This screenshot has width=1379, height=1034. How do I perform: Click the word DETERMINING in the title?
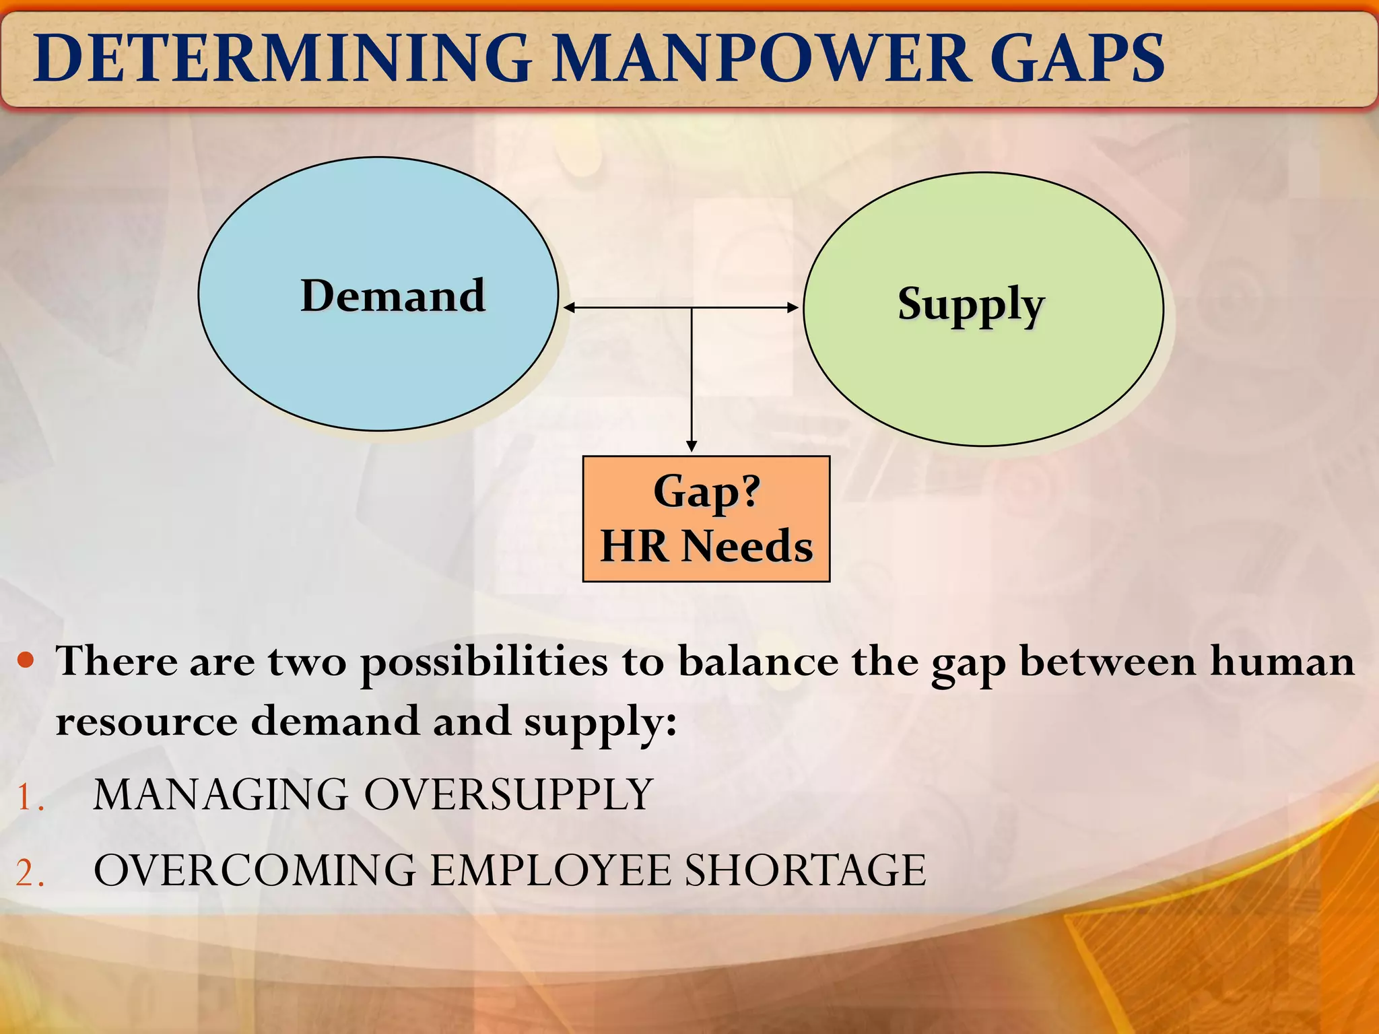(x=283, y=59)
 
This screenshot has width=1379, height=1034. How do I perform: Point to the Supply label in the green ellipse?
(x=970, y=304)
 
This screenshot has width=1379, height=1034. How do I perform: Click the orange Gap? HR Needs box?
(x=706, y=518)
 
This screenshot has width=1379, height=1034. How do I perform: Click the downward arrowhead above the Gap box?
(x=691, y=446)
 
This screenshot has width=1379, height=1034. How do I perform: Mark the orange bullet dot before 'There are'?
(x=26, y=660)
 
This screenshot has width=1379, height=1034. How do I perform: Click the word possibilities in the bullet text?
(x=483, y=662)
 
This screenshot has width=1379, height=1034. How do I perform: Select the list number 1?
(x=29, y=798)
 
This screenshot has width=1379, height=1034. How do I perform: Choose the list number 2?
(x=29, y=874)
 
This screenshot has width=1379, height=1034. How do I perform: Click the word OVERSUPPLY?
(x=508, y=794)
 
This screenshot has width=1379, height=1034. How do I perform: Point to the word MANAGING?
(x=220, y=794)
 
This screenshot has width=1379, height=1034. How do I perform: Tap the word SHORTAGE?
(x=805, y=870)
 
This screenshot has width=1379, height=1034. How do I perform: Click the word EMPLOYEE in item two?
(x=551, y=870)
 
